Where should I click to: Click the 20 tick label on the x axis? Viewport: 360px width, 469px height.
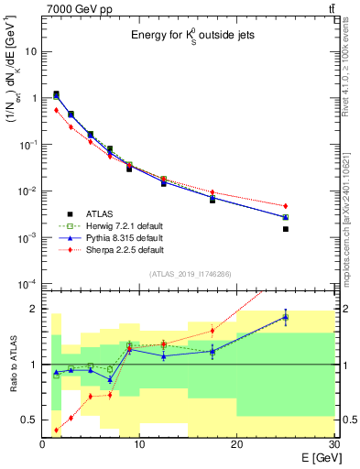click(236, 444)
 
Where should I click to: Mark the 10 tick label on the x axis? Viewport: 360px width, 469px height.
click(139, 444)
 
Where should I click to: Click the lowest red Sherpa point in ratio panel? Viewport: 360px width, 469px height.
click(57, 430)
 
